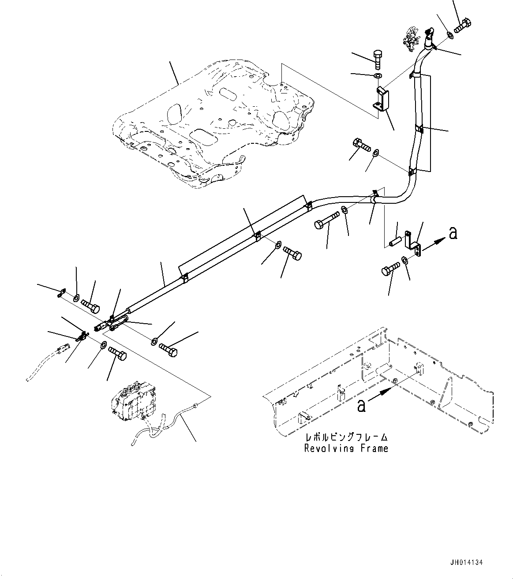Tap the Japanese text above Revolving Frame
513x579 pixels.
(x=346, y=437)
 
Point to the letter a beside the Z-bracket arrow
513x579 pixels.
(x=453, y=233)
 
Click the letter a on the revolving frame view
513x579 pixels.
(x=361, y=406)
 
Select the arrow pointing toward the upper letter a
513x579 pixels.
(x=434, y=244)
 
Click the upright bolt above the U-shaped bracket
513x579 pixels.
(x=377, y=60)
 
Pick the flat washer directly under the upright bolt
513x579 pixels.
(x=378, y=76)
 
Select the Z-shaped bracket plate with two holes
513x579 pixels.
(x=412, y=243)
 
